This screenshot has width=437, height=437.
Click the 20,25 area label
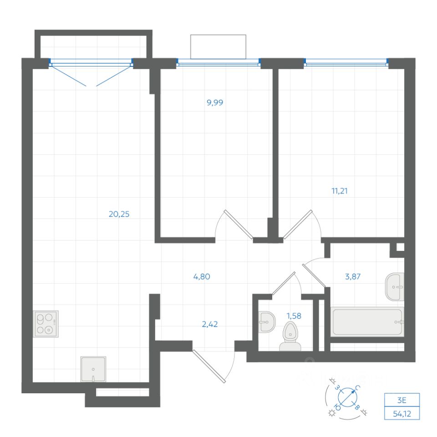(x=119, y=214)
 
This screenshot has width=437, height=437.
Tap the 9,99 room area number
(x=215, y=102)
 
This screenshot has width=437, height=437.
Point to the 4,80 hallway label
(x=201, y=276)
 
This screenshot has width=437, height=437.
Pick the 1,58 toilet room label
(x=294, y=314)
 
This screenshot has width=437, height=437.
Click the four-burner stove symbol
(x=46, y=323)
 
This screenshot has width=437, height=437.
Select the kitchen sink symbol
(x=93, y=369)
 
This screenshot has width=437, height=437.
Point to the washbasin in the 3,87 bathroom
(x=395, y=287)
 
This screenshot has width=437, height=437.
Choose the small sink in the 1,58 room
(x=266, y=322)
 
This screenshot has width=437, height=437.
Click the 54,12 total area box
(x=401, y=413)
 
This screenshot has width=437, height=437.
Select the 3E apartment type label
(x=401, y=400)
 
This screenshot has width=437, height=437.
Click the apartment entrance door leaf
(x=210, y=366)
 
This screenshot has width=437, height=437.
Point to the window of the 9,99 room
(x=218, y=63)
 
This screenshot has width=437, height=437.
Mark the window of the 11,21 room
(x=346, y=63)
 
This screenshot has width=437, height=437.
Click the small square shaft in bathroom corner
(x=400, y=248)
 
